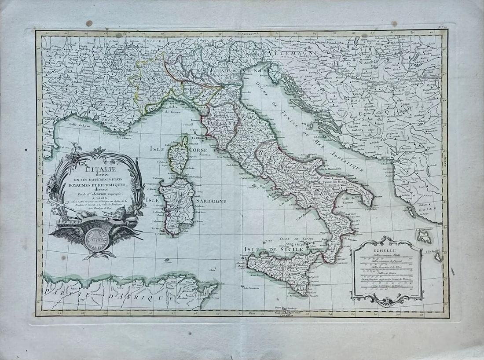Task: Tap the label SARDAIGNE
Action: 211,201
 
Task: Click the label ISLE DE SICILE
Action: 273,249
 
